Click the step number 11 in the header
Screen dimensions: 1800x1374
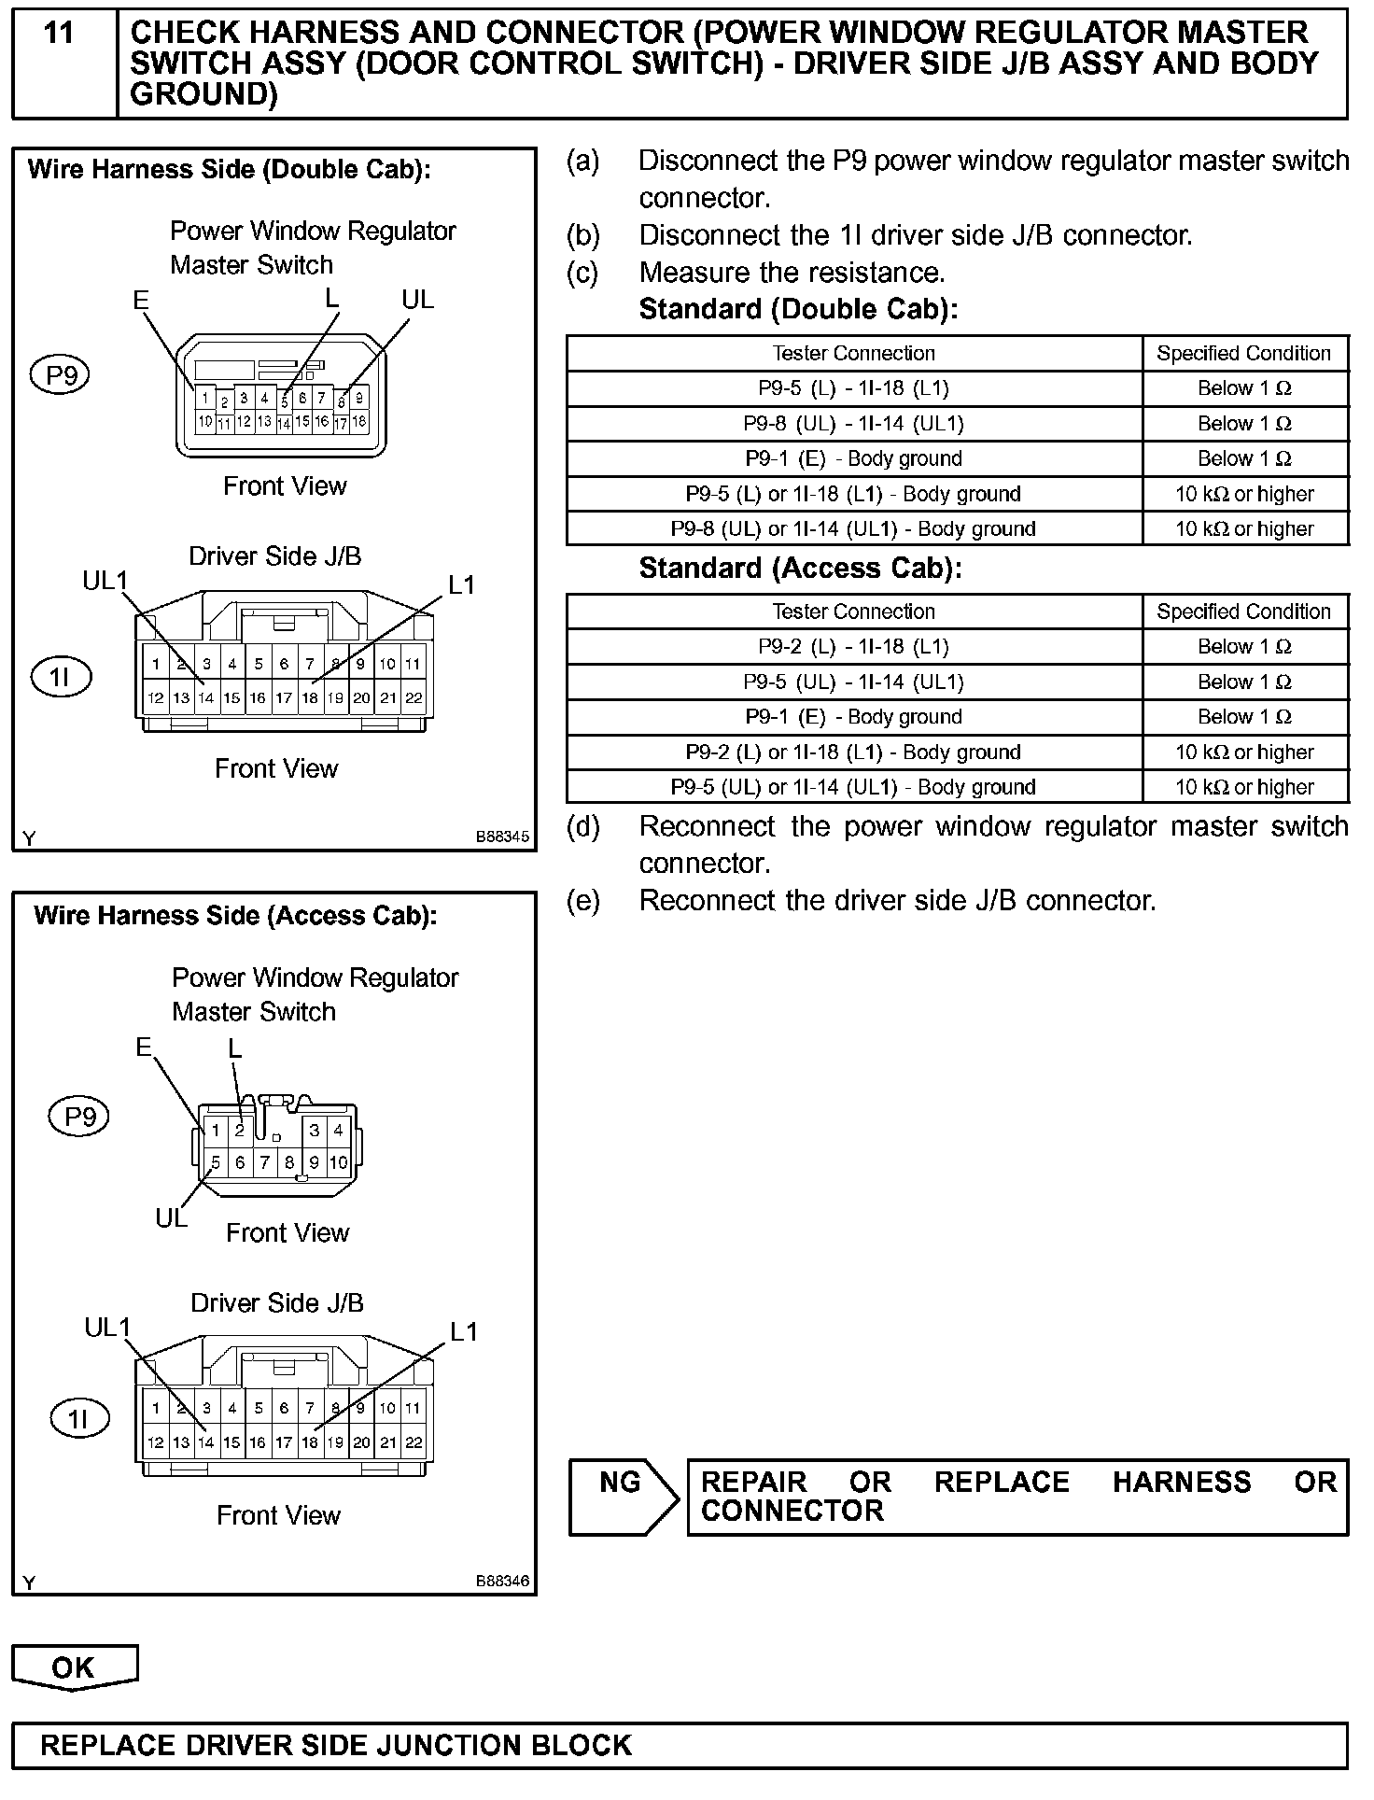(59, 34)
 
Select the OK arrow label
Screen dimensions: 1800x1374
(74, 1667)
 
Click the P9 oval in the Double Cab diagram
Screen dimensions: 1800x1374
(61, 375)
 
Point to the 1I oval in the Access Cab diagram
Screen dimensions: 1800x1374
(78, 1419)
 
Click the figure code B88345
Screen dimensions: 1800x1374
(502, 837)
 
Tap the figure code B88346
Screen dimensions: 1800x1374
(502, 1581)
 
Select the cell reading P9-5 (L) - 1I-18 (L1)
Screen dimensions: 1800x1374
(853, 388)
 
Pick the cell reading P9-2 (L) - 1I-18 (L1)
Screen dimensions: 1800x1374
(853, 647)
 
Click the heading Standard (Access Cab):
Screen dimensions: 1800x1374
(800, 568)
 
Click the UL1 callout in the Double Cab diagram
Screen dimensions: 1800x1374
(105, 581)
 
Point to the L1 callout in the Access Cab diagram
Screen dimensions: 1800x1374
(464, 1331)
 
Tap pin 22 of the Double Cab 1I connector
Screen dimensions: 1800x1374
(414, 697)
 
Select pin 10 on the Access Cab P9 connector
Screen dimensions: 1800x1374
(338, 1162)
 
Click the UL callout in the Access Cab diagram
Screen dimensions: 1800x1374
(171, 1218)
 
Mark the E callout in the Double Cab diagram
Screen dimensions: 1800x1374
(141, 300)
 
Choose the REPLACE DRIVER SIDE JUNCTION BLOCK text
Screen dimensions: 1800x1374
(336, 1745)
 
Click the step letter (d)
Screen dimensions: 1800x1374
(582, 826)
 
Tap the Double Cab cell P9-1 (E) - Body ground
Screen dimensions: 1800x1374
(853, 458)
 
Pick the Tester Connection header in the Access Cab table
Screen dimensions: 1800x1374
(853, 612)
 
